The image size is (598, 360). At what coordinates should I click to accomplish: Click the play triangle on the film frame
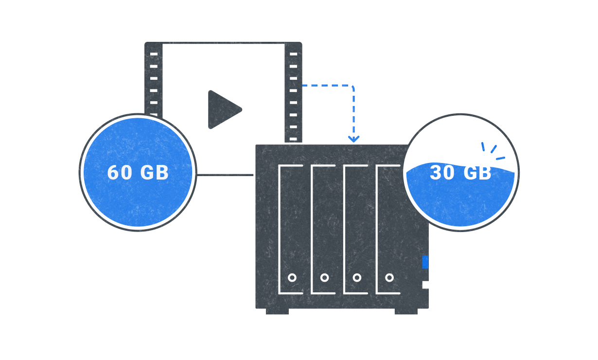point(223,109)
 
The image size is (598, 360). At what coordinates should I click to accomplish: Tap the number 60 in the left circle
point(120,173)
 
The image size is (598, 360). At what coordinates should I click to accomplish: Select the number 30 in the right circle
point(442,173)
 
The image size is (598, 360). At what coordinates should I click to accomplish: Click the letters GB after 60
point(155,173)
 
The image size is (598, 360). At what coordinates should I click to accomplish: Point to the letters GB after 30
point(477,173)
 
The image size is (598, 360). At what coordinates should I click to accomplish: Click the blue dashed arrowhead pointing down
point(353,139)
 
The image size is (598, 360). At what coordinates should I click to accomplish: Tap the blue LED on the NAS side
point(425,262)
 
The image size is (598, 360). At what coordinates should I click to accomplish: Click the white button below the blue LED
point(425,285)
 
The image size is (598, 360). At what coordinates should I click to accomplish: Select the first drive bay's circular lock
point(292,277)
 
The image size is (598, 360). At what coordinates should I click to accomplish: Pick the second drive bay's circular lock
point(324,277)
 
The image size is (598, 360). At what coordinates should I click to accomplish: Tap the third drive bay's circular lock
point(357,277)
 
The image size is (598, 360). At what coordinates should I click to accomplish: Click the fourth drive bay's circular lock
point(389,277)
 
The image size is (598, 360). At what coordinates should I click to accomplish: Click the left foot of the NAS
point(277,311)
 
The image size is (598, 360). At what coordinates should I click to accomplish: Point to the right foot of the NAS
point(406,311)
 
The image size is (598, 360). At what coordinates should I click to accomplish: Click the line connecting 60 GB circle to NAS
point(225,175)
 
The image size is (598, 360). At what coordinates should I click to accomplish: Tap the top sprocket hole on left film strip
point(154,54)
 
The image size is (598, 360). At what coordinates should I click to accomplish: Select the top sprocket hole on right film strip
point(293,54)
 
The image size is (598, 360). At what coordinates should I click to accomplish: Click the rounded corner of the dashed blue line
point(352,88)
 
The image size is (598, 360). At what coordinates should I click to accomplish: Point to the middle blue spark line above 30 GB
point(493,149)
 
